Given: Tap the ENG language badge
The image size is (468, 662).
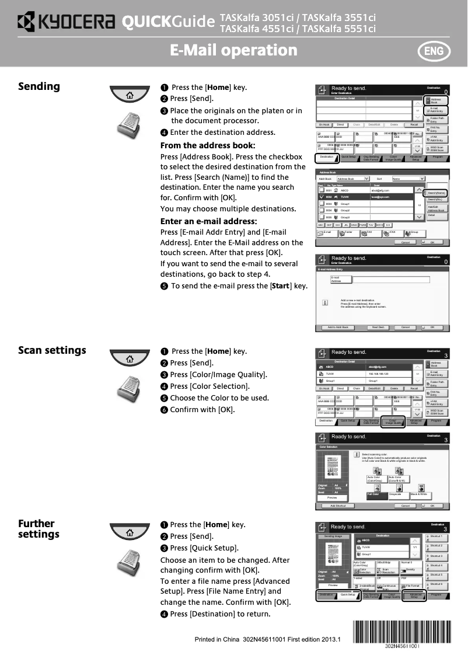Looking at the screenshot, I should pyautogui.click(x=433, y=51).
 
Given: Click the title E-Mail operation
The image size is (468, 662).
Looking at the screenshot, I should pyautogui.click(x=233, y=50).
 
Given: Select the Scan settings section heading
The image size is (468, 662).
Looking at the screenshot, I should pyautogui.click(x=52, y=350).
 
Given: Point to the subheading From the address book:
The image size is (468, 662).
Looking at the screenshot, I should pyautogui.click(x=208, y=145).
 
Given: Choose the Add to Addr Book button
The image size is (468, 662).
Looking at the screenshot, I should pyautogui.click(x=338, y=327).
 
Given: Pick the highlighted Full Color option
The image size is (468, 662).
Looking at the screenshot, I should pyautogui.click(x=376, y=494).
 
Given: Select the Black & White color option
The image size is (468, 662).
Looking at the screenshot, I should pyautogui.click(x=420, y=494).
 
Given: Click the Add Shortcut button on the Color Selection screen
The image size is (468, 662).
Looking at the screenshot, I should pyautogui.click(x=338, y=506).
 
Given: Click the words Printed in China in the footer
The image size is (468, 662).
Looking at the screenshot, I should pyautogui.click(x=217, y=639).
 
